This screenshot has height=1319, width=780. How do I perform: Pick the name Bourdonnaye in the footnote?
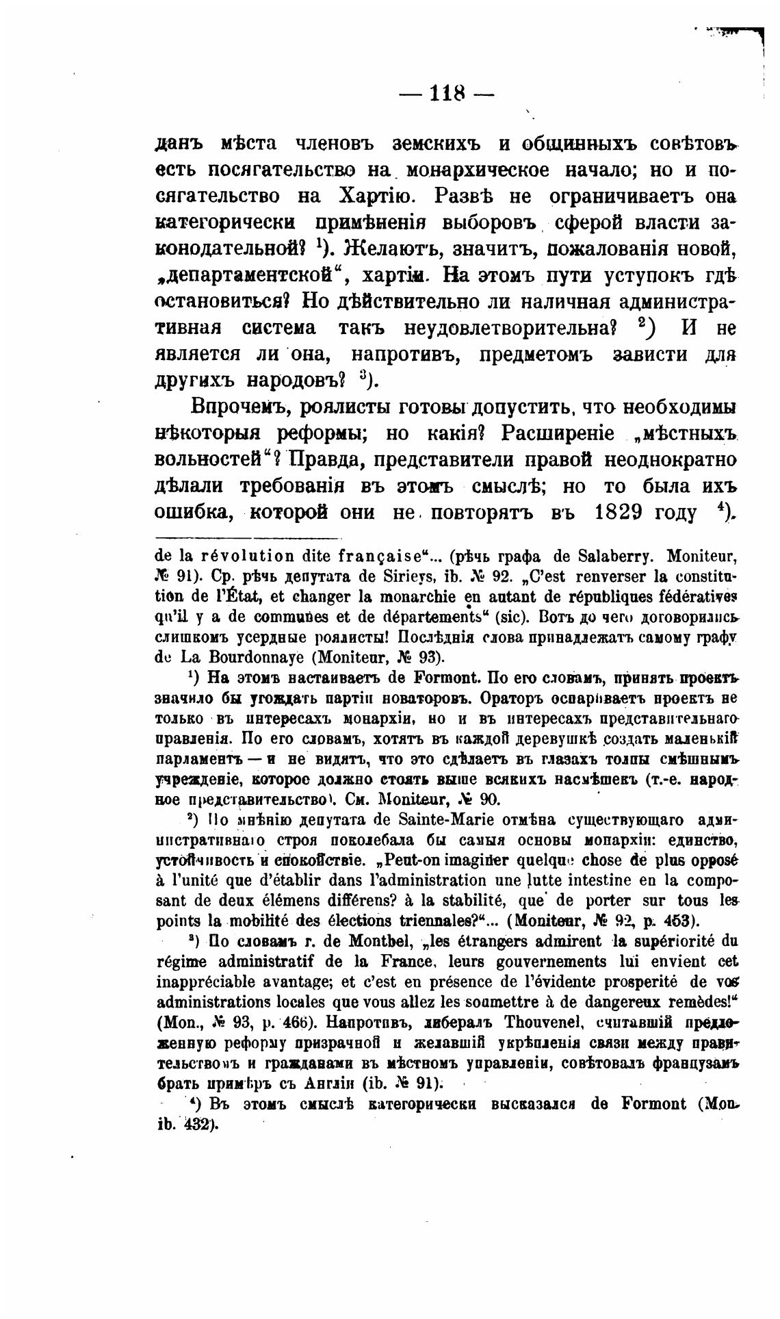[244, 658]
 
